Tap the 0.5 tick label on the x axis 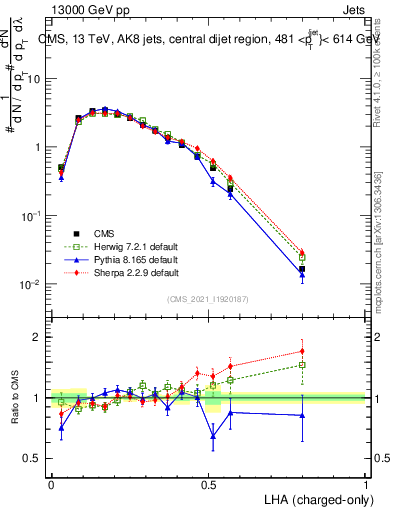click(208, 482)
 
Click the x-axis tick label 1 click(366, 482)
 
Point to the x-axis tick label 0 click(51, 482)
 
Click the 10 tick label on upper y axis click(34, 78)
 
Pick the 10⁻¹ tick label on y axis click(34, 216)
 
